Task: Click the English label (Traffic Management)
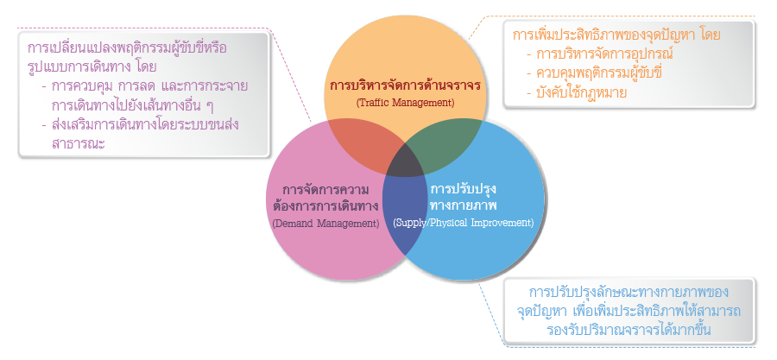coord(404,103)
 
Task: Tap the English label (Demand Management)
coord(325,223)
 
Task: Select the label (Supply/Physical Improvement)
coord(463,223)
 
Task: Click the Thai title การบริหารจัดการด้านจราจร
coord(404,85)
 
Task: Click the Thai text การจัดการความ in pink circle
coord(325,188)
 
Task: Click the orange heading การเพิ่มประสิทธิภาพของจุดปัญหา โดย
coord(616,35)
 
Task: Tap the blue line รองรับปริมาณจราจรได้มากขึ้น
coord(630,327)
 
